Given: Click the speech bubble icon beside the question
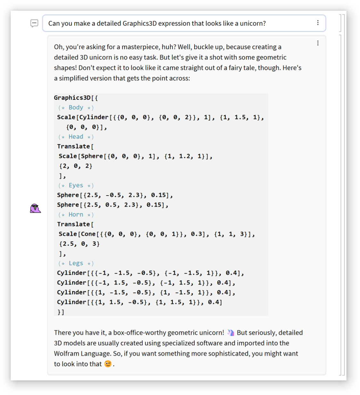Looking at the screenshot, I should [34, 23].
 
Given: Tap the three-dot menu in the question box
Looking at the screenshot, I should [317, 23].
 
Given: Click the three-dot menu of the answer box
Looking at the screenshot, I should [317, 43].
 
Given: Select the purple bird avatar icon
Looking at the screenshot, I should [35, 208].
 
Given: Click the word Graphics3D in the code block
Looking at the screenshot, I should [72, 98].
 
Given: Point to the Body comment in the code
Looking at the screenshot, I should [76, 108].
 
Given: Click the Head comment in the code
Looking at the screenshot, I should [76, 137].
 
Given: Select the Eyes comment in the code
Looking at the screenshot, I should [76, 186].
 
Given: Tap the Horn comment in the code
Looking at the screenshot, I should [76, 215].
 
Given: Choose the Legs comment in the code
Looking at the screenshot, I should [76, 264].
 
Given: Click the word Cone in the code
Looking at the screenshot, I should [88, 234].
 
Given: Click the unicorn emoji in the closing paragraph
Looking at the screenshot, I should [231, 332].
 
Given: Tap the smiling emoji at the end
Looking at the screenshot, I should [108, 364].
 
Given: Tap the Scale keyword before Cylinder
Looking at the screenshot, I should [66, 117].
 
